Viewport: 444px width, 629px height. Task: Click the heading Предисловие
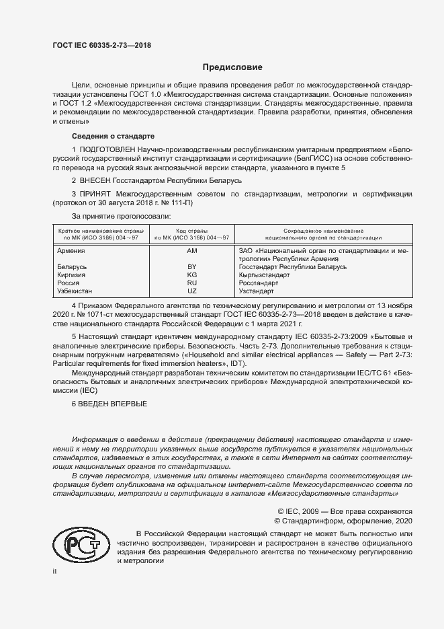click(x=233, y=67)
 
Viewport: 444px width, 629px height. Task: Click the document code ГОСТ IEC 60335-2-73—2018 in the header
click(x=102, y=45)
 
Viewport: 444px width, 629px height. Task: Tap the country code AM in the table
click(x=191, y=250)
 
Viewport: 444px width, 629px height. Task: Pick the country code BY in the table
click(x=191, y=267)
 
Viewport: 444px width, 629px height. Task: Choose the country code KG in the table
click(x=191, y=275)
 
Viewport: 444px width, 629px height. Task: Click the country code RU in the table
click(x=191, y=283)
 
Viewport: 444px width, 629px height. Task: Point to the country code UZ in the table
click(x=191, y=291)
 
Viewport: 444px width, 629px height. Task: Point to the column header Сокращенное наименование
click(x=322, y=230)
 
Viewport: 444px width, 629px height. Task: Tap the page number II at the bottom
click(x=56, y=570)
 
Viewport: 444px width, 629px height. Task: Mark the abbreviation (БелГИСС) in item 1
click(x=287, y=158)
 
